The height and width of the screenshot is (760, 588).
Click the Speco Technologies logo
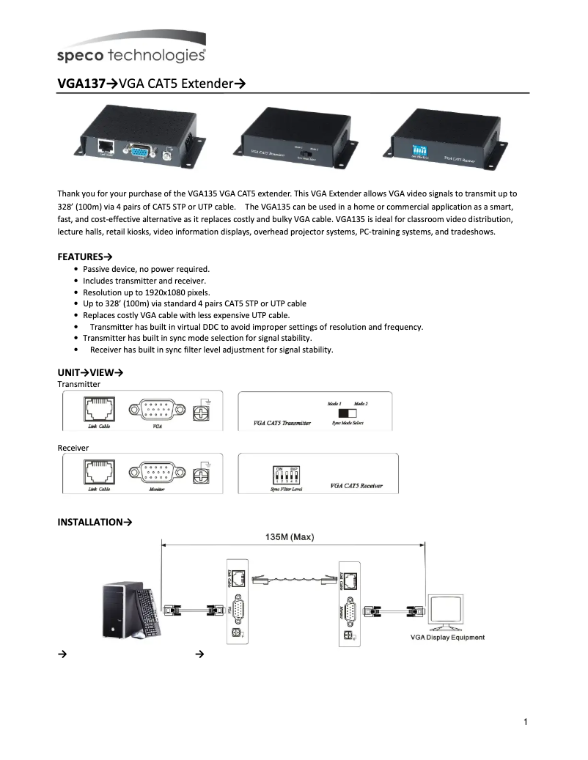(131, 49)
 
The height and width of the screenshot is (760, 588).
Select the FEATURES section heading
(80, 257)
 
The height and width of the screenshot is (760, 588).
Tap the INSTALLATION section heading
(90, 522)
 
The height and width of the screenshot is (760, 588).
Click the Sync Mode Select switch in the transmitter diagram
(337, 413)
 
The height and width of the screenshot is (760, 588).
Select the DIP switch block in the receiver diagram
(284, 473)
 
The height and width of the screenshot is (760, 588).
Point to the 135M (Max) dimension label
(289, 536)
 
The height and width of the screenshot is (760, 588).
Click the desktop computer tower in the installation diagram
(122, 609)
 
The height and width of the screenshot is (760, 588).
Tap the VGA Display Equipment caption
(446, 638)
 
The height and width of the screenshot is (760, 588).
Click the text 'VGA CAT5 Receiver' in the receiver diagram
(356, 486)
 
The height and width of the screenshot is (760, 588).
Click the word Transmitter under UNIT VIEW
(78, 384)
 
